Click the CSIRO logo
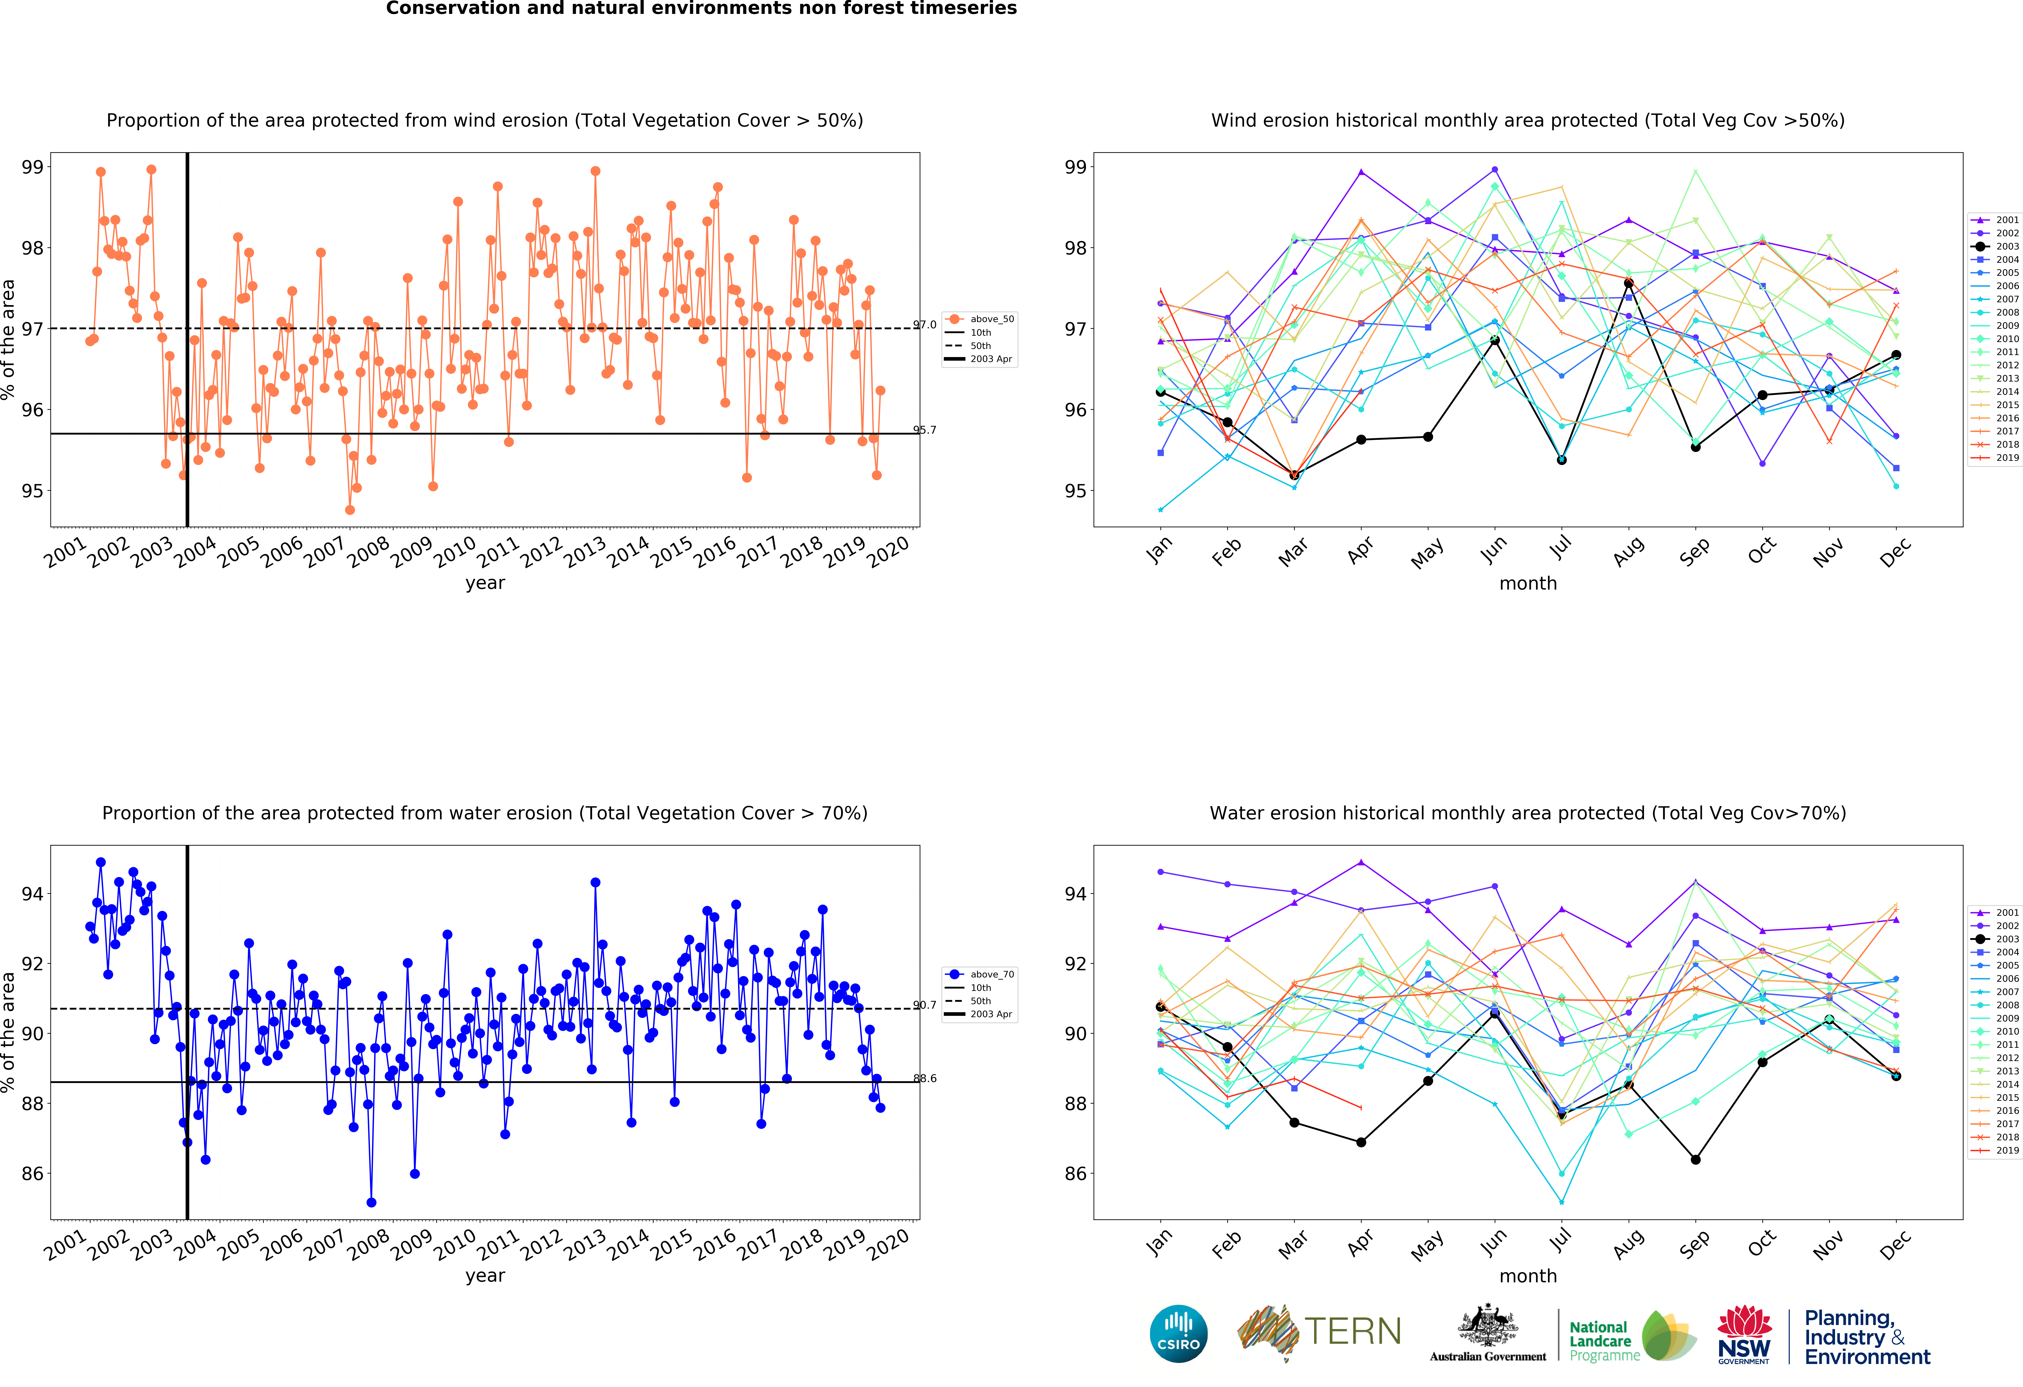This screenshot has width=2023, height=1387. (1179, 1333)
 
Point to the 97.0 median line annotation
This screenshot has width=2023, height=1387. (924, 325)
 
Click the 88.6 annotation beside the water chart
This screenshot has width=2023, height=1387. (924, 1078)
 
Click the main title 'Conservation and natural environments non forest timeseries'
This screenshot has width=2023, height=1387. (702, 9)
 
